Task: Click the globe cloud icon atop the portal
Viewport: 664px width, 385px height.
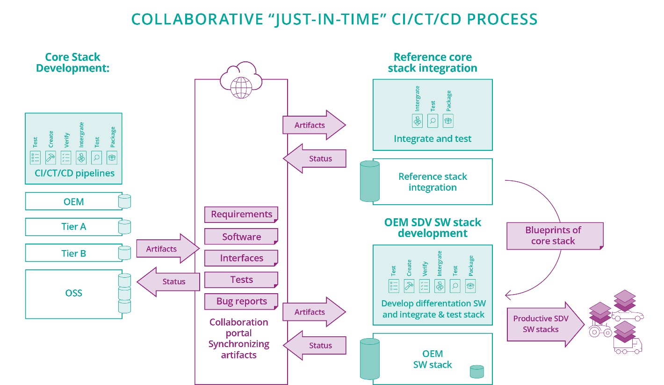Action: (240, 79)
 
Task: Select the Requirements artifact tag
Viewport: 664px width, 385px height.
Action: (241, 215)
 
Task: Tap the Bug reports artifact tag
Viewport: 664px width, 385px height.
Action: (241, 302)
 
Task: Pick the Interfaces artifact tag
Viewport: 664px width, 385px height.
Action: (241, 258)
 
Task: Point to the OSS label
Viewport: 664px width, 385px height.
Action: (74, 293)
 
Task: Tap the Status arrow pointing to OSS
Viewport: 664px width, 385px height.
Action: (168, 281)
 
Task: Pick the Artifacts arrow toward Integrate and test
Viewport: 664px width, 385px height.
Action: (313, 125)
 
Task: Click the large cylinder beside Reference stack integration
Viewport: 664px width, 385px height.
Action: (369, 181)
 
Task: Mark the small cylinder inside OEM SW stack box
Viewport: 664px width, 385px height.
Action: (476, 371)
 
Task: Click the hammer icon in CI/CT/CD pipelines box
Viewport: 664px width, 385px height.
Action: (51, 157)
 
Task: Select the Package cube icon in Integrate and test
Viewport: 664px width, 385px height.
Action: (448, 120)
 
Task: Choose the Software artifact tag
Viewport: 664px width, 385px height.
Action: (241, 237)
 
